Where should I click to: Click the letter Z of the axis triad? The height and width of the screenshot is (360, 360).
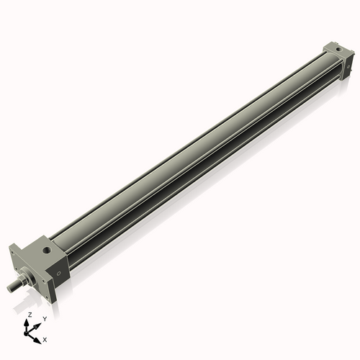tap(29, 315)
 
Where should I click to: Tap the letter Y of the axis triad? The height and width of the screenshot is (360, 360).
tap(44, 318)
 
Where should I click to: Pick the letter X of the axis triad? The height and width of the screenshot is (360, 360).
tap(45, 338)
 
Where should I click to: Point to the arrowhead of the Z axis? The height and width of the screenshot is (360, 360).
tap(27, 322)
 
